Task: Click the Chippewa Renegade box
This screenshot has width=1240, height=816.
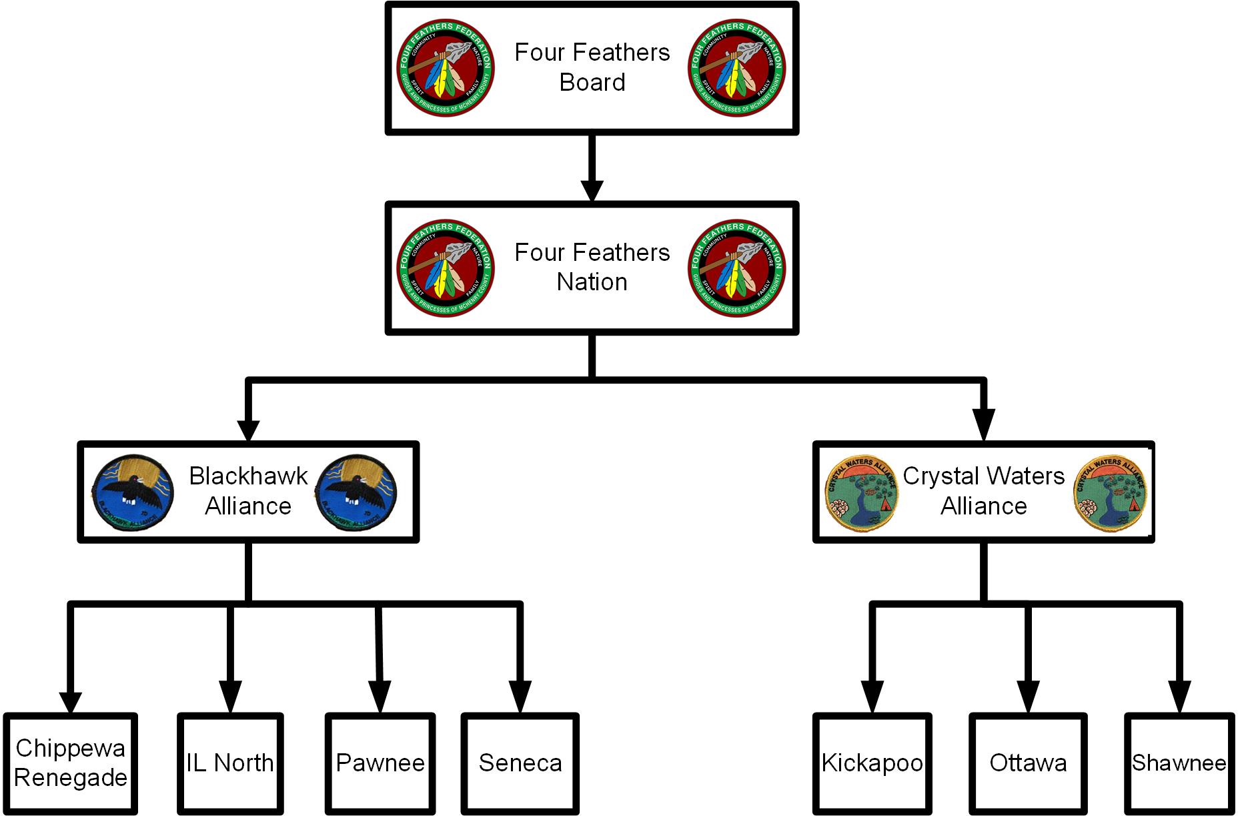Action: coord(71,763)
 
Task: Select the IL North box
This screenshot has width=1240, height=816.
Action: coord(230,763)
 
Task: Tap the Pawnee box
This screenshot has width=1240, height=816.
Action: coord(380,763)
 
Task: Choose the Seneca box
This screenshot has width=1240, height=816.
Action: coord(520,763)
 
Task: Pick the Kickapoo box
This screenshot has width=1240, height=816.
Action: coord(872,763)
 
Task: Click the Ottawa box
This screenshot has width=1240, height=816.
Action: coord(1028,763)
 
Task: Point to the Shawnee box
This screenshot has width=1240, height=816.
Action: coord(1179,763)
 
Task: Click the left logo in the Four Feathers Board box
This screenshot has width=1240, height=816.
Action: coord(446,68)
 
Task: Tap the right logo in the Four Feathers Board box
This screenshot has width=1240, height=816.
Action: coord(737,68)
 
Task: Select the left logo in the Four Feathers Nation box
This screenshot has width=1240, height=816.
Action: coord(446,268)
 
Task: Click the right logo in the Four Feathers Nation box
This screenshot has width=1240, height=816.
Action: coord(737,268)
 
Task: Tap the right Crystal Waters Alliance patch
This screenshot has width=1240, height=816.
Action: coord(1111,494)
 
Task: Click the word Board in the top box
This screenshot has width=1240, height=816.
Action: coord(592,83)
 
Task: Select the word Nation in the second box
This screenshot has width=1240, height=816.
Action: coord(592,282)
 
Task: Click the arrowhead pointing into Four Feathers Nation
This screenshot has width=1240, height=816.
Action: coord(592,189)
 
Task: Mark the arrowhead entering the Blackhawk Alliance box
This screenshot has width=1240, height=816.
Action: coord(248,430)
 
